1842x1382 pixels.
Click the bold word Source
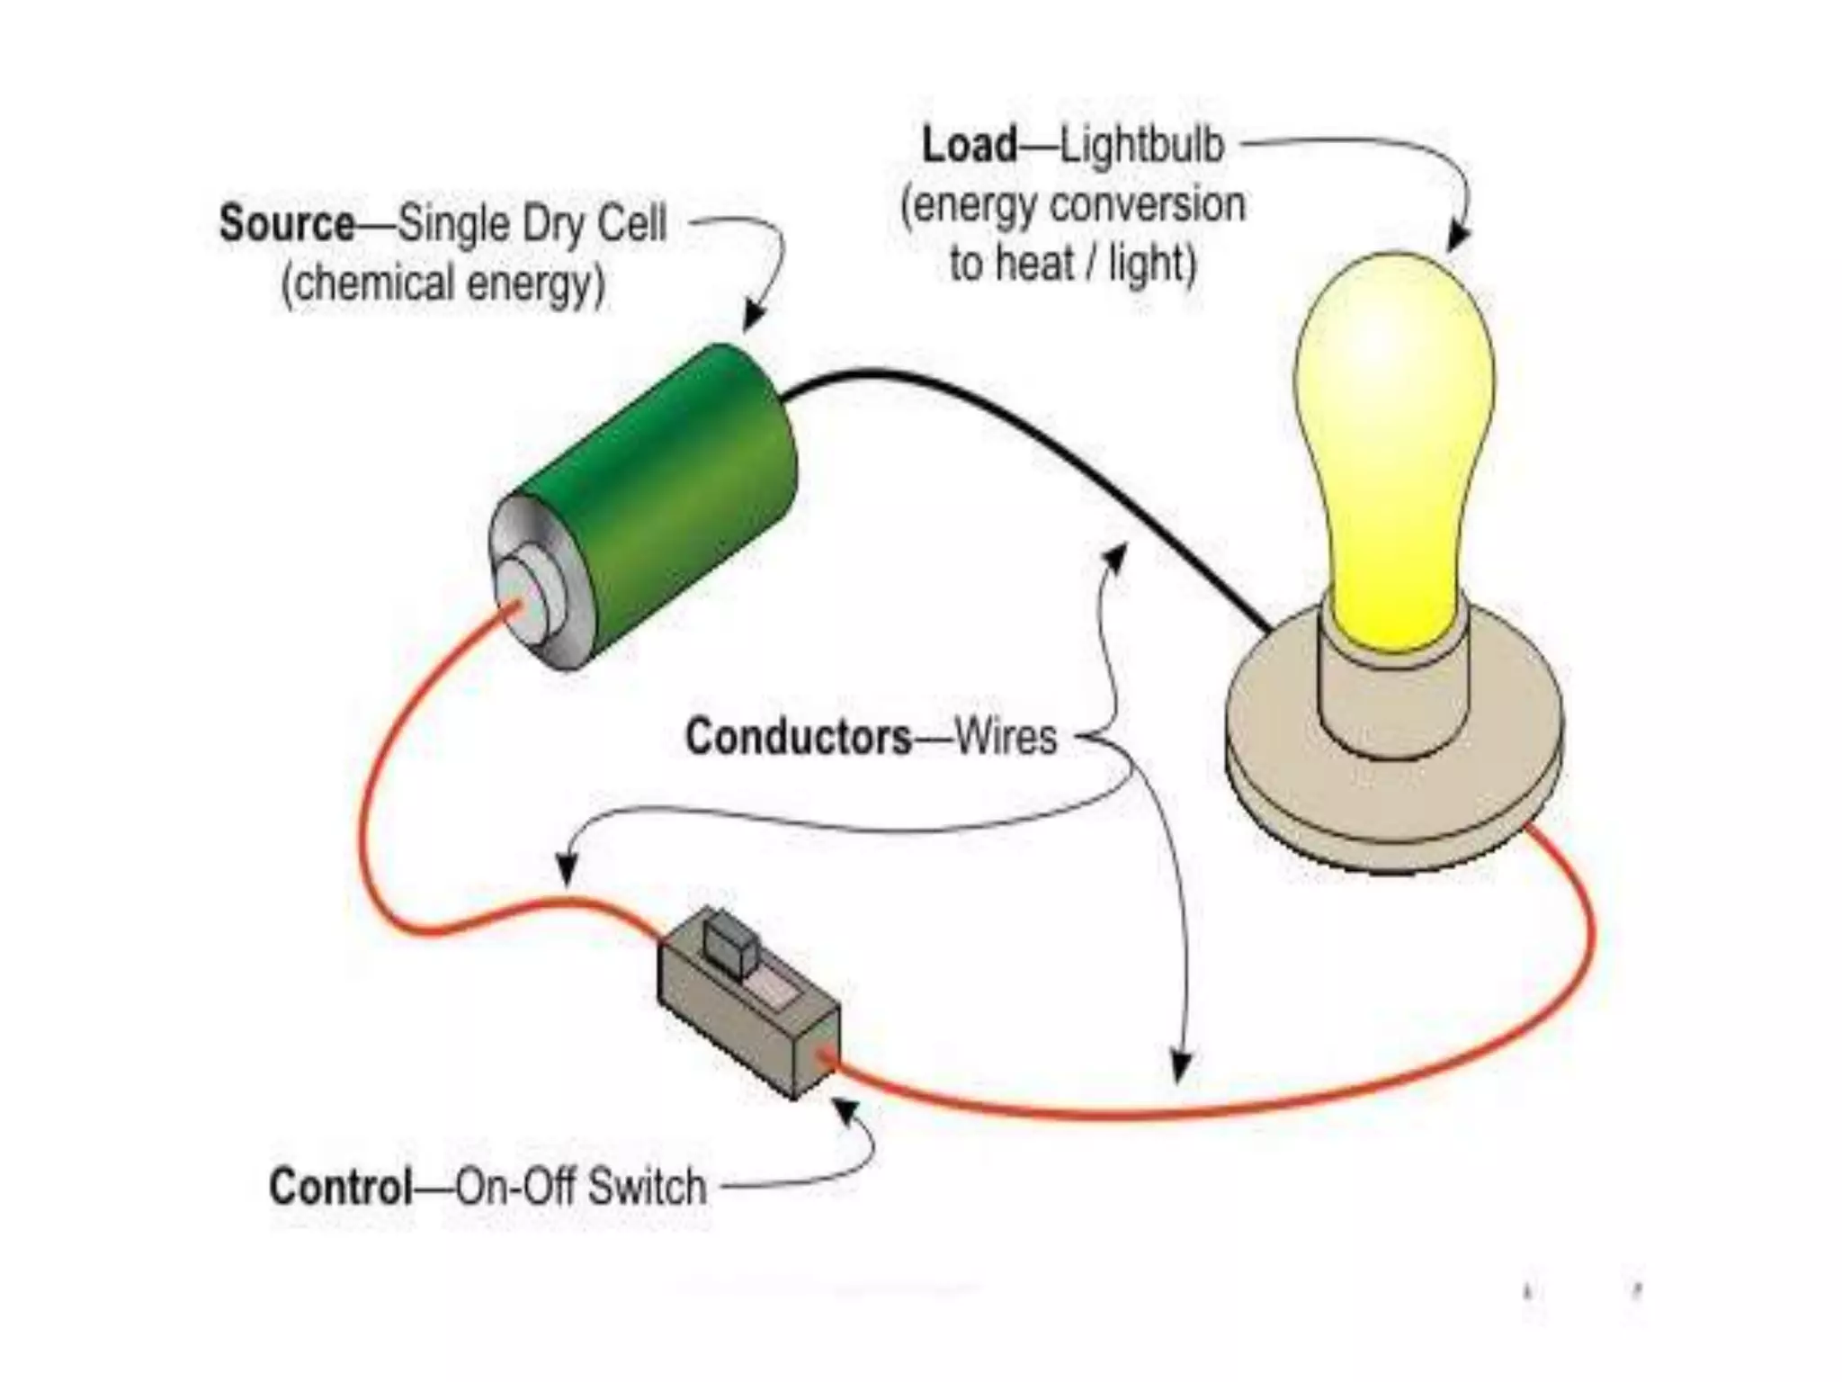pos(287,223)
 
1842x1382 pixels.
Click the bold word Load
pos(970,145)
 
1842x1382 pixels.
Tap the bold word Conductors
pos(799,737)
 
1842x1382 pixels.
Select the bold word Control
pos(341,1187)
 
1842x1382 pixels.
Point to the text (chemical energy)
pos(443,284)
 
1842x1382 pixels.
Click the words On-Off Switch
pos(581,1187)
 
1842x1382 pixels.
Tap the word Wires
pos(1006,737)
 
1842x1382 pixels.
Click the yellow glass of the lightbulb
pos(1394,432)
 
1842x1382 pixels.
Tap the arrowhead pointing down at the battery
pos(753,318)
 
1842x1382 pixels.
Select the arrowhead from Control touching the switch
pos(845,1111)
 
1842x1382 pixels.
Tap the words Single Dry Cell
pos(532,223)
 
